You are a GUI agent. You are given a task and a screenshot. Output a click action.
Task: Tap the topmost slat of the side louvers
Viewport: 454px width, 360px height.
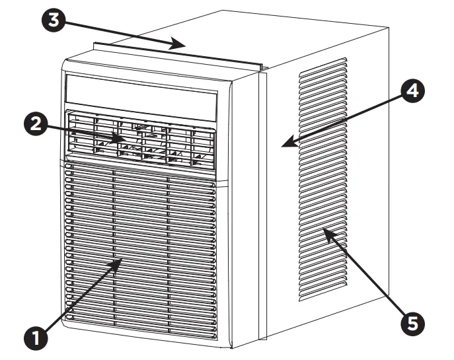(x=323, y=61)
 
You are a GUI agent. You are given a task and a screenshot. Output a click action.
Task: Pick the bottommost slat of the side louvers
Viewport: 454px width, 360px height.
(x=323, y=293)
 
